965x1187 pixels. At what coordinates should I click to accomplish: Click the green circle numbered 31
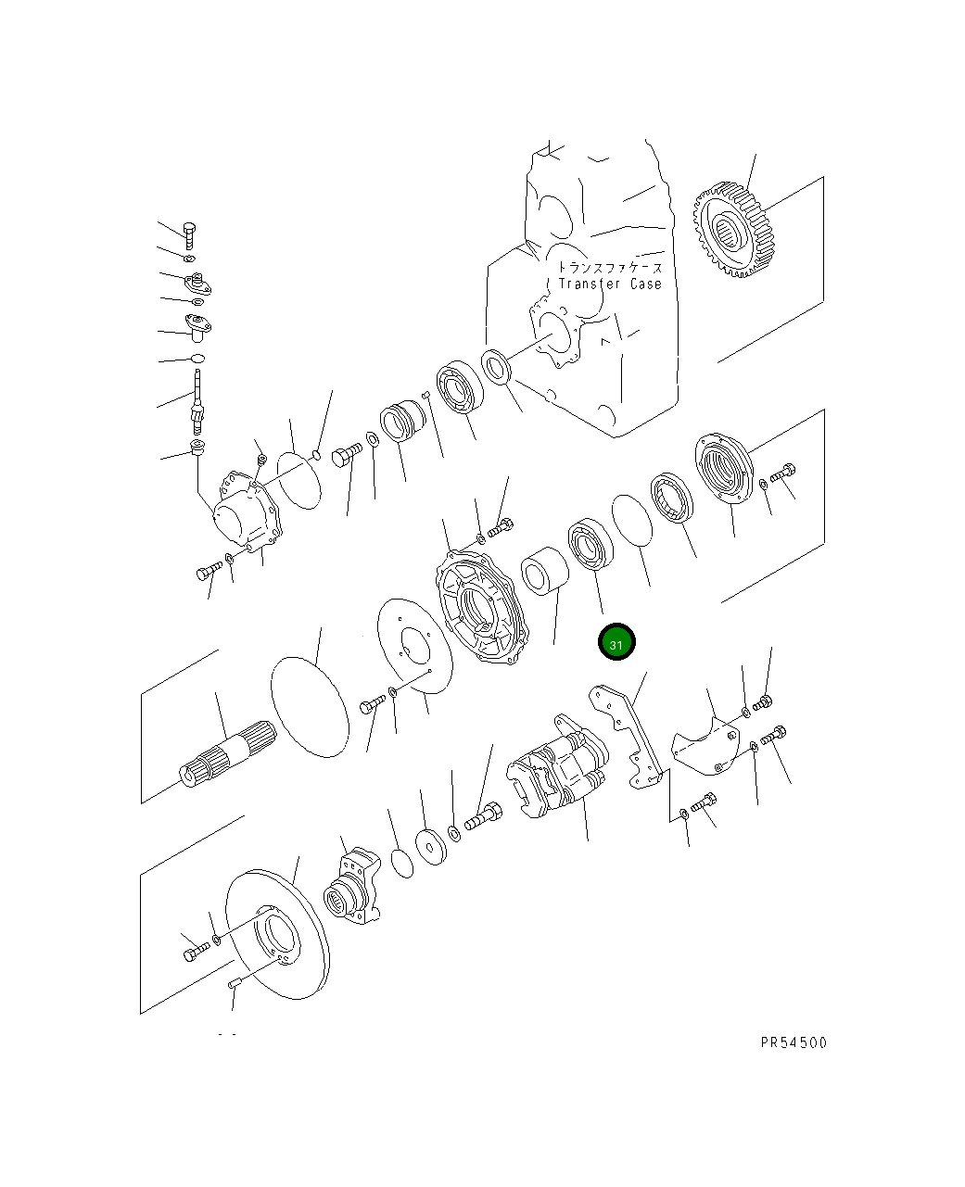coord(616,643)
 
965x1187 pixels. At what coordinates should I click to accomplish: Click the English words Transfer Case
coord(610,284)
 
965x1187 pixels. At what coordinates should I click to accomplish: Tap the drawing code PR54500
coord(793,1042)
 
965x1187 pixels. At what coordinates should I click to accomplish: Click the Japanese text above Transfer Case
coord(610,266)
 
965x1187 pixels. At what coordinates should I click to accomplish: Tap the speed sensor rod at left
coord(197,399)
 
